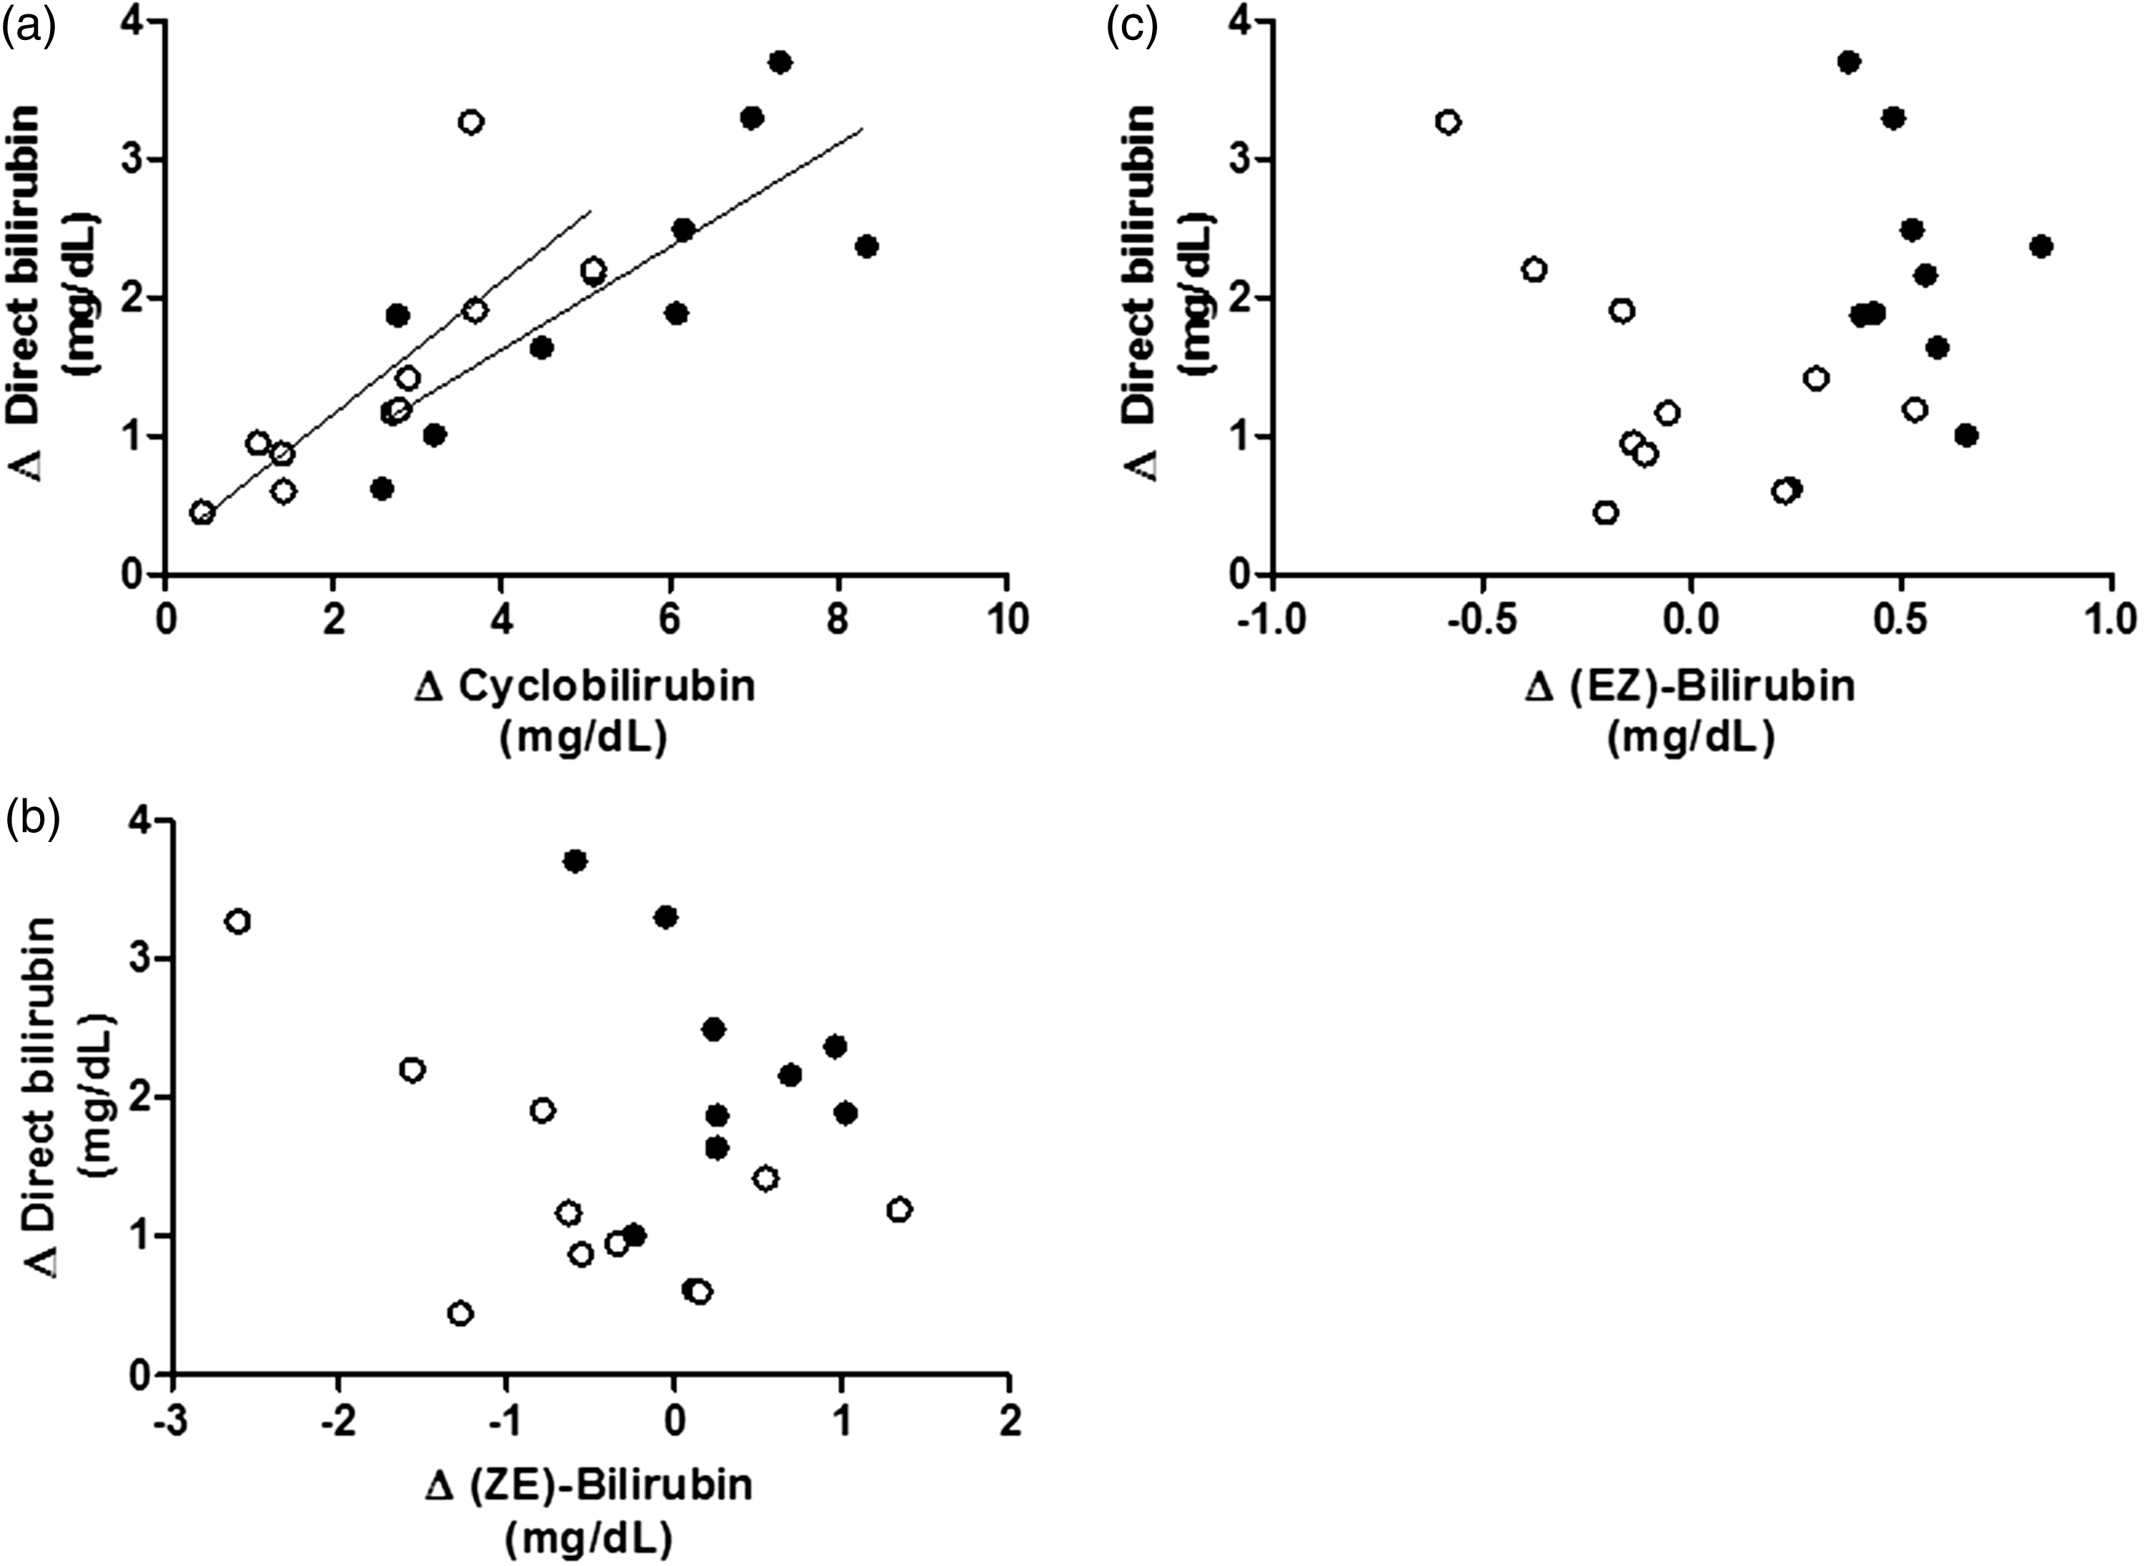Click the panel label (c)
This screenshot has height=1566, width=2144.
pos(1133,29)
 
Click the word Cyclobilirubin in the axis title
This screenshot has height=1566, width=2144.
pos(607,685)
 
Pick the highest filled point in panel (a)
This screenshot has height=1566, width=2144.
pos(780,63)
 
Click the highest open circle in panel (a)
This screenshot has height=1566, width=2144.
pos(471,122)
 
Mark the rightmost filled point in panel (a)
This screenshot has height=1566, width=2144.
pos(865,247)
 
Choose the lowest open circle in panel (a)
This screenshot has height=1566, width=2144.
pos(202,513)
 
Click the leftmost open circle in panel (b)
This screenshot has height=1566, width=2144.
pos(238,921)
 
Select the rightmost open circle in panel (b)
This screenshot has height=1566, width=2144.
pos(900,1209)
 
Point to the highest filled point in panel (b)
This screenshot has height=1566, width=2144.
pos(575,861)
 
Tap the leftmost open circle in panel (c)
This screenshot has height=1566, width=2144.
pos(1447,122)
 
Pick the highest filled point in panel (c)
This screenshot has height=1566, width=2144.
pos(1848,63)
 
